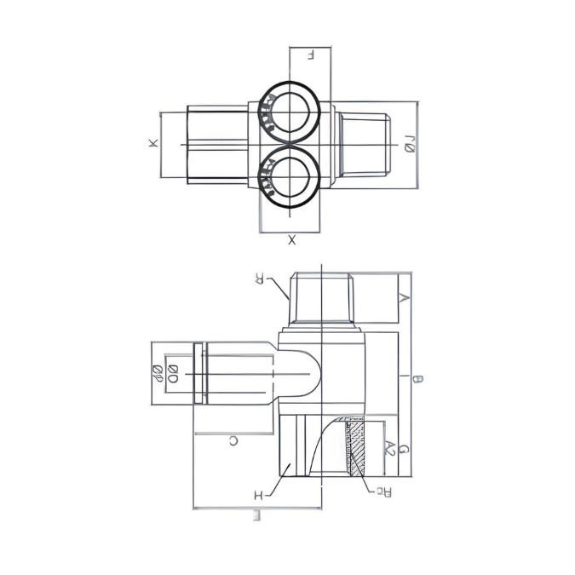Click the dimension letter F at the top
tap(311, 55)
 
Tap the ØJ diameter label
tap(409, 144)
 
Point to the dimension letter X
tap(291, 241)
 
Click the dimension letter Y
tap(405, 297)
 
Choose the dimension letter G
tap(405, 449)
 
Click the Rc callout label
tap(384, 491)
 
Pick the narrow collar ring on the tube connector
tap(199, 373)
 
